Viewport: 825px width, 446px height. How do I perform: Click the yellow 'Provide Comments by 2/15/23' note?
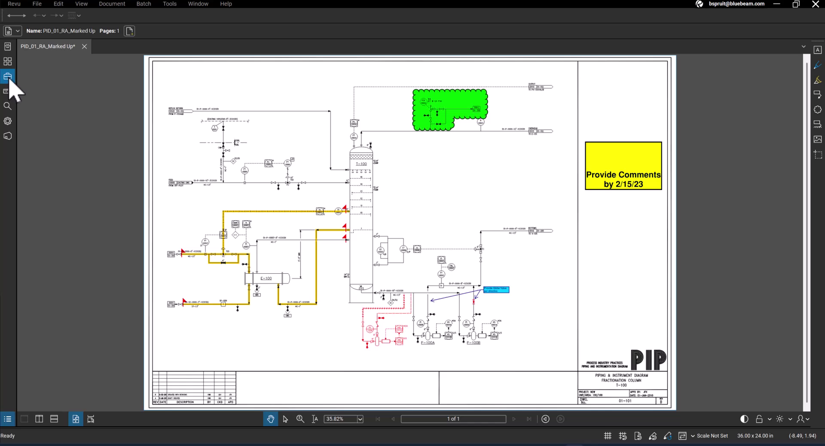[623, 166]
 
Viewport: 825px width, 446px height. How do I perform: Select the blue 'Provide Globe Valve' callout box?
[496, 290]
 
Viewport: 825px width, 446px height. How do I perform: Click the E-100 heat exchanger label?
[266, 278]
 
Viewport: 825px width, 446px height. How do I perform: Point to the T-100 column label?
[361, 164]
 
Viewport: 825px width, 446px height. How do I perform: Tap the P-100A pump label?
[428, 343]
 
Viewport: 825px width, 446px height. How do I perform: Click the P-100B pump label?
[474, 343]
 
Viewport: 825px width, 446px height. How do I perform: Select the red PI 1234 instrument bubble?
[370, 329]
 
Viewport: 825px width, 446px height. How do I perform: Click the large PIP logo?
[648, 360]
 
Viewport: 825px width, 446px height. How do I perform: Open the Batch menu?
[144, 4]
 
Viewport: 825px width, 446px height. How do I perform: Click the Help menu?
[226, 4]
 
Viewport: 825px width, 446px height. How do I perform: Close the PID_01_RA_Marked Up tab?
[85, 46]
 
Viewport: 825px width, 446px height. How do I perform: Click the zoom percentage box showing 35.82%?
[340, 419]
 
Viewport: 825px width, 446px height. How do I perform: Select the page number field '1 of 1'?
[453, 419]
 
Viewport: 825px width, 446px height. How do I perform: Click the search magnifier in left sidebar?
[7, 106]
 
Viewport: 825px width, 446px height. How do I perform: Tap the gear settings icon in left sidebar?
[7, 121]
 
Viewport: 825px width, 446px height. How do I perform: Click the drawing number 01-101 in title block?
[625, 401]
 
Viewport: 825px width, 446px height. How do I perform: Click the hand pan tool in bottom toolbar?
[271, 419]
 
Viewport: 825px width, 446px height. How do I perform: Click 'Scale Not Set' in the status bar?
[712, 436]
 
